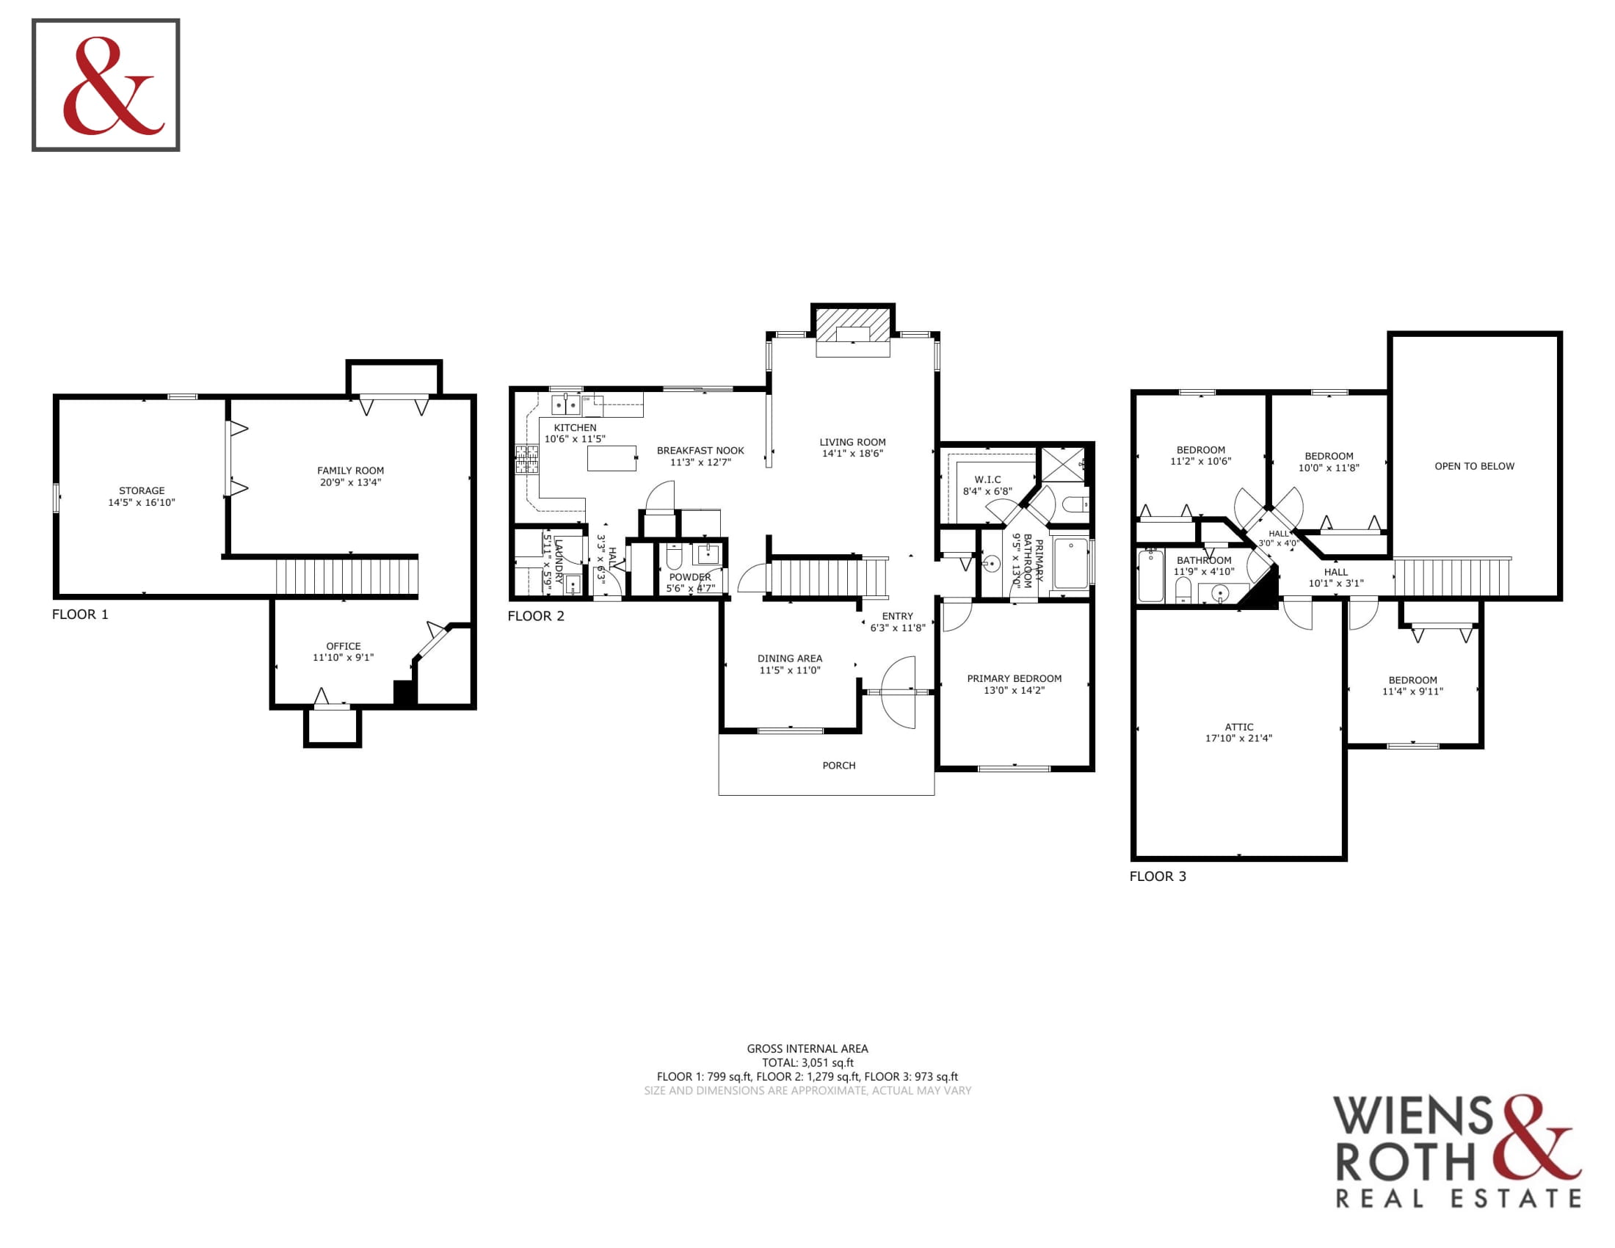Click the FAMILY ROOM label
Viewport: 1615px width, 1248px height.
[350, 471]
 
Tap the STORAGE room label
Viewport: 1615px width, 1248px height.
[142, 490]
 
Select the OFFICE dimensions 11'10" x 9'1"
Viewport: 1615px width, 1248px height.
[343, 657]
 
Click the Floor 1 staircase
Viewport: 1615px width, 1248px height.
[346, 576]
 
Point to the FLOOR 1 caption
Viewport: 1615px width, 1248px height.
[80, 614]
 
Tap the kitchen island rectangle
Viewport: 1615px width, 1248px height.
[611, 457]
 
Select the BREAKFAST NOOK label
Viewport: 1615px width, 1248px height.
[700, 450]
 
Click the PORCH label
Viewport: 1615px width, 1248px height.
[838, 765]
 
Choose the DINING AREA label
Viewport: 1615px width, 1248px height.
[790, 658]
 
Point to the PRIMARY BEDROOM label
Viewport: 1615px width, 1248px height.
[1014, 678]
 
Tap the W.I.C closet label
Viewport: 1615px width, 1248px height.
[987, 480]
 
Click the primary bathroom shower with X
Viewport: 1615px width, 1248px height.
[1064, 465]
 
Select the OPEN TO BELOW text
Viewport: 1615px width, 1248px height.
[1474, 465]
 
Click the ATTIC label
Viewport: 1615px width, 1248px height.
[1238, 727]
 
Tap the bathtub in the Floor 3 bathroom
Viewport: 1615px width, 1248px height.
[1150, 576]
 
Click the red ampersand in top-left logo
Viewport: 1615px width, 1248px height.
[113, 86]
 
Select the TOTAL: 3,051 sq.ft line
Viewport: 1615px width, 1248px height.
[807, 1062]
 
